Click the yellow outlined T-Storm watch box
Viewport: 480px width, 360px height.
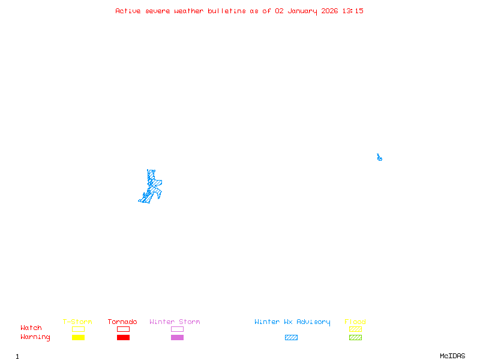click(78, 329)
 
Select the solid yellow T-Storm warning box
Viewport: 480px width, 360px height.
click(78, 337)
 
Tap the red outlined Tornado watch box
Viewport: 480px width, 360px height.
click(123, 329)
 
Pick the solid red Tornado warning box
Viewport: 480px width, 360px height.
click(123, 337)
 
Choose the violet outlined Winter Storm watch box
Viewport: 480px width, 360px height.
click(177, 329)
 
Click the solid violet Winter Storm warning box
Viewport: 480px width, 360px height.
click(177, 337)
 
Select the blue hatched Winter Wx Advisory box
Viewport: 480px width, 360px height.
click(291, 337)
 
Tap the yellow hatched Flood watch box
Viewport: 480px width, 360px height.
click(355, 329)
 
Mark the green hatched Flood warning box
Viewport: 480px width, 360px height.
click(355, 337)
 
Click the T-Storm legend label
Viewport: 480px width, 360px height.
click(77, 322)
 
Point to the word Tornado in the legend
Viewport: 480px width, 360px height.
click(122, 322)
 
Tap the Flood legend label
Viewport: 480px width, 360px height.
click(355, 322)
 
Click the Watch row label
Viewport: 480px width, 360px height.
click(31, 328)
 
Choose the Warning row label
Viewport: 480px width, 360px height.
click(35, 337)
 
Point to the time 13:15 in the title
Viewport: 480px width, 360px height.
click(353, 11)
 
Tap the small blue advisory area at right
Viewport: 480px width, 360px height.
click(379, 158)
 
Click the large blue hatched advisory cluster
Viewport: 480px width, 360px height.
click(152, 186)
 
